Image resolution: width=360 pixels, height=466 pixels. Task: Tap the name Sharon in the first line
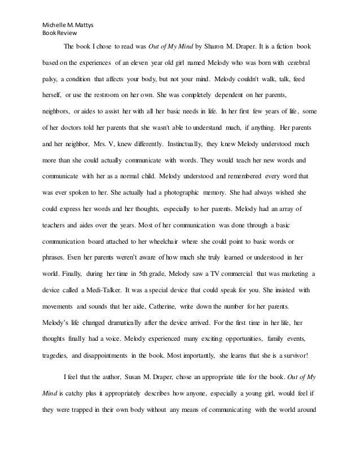[221, 46]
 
